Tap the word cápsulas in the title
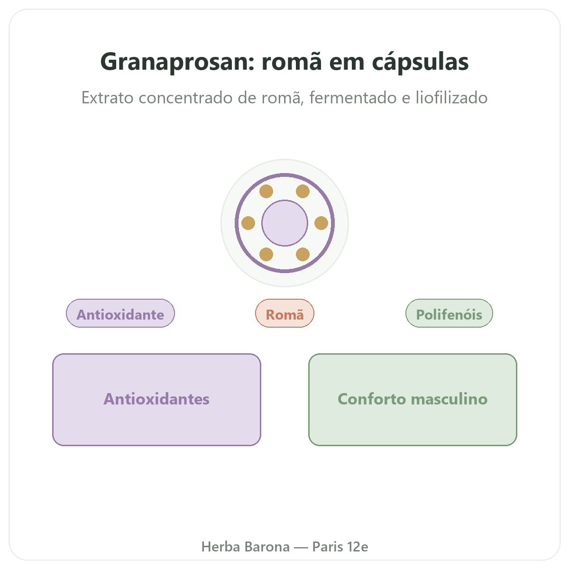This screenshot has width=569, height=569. tap(420, 62)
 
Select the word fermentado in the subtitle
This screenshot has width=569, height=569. tap(353, 98)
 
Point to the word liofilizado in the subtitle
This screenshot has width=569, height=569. tap(451, 98)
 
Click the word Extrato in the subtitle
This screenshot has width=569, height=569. tap(108, 98)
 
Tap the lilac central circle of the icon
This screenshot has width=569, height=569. tap(284, 223)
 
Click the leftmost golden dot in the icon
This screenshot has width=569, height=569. tap(248, 223)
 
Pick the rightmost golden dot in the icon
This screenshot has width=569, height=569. tap(321, 223)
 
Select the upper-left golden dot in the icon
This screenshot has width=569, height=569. tap(266, 192)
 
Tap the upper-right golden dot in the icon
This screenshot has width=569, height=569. tap(303, 192)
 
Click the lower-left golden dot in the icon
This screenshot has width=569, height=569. tap(266, 255)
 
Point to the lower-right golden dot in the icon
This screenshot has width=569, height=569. tap(303, 255)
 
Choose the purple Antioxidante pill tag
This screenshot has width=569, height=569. tap(120, 313)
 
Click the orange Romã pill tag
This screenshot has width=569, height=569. tap(284, 313)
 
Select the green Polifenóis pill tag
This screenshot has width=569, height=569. tap(449, 313)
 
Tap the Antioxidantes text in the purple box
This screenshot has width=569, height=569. tap(156, 399)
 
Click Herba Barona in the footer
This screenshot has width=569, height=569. tap(245, 547)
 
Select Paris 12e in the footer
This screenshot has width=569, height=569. tap(340, 547)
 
